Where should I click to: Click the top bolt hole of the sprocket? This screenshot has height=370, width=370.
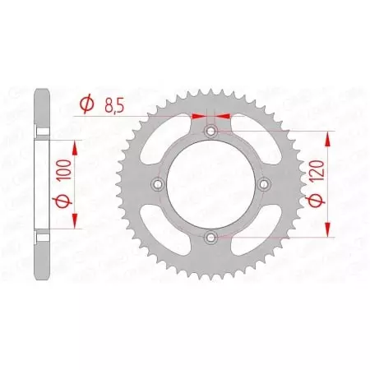point(211,131)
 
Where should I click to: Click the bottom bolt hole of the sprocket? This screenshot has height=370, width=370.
point(211,238)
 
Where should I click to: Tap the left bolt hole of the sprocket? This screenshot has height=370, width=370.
point(158,184)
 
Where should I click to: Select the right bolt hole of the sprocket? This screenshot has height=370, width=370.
point(264,184)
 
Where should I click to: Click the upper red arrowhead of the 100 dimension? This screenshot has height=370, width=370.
point(76,146)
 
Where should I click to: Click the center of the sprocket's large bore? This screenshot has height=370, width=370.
point(211,184)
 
